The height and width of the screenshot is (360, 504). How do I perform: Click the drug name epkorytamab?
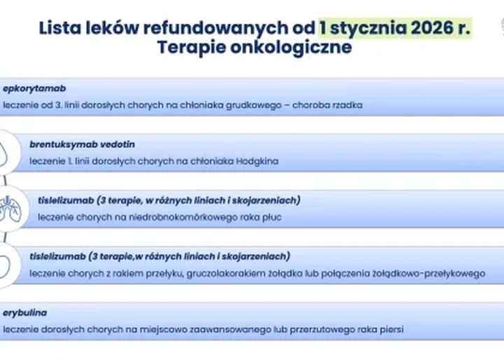click(34, 89)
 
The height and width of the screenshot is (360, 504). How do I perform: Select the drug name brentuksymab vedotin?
click(82, 144)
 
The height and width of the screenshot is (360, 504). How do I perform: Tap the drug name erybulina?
click(25, 312)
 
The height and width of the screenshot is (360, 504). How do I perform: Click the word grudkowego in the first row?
click(247, 105)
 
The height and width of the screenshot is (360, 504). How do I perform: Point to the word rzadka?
click(346, 105)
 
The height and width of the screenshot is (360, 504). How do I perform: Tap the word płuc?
click(270, 217)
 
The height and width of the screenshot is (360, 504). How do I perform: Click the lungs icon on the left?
click(10, 207)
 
